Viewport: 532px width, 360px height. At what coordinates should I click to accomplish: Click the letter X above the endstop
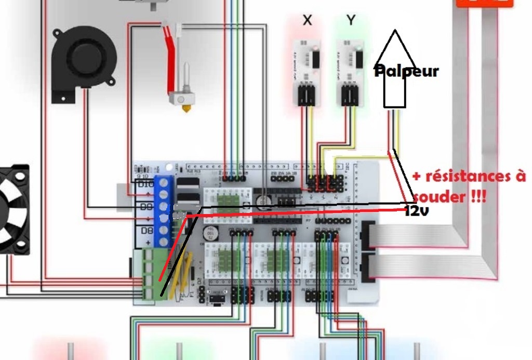(308, 20)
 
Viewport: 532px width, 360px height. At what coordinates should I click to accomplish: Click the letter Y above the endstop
(351, 20)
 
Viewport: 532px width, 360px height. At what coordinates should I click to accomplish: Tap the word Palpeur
(407, 71)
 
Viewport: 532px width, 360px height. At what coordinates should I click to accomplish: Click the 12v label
(417, 211)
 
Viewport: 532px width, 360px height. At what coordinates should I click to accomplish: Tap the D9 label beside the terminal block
(144, 207)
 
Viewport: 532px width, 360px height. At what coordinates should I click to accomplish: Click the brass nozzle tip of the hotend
(184, 109)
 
